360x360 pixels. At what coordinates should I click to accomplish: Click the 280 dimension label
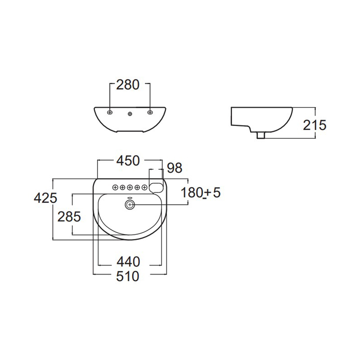[x=128, y=85]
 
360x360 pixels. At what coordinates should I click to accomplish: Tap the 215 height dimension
[x=315, y=126]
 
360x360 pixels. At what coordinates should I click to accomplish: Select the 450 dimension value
[x=128, y=161]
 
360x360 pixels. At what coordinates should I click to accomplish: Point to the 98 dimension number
[x=175, y=168]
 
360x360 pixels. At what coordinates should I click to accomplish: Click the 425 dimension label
[x=45, y=198]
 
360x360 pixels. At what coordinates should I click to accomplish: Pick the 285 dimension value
[x=69, y=216]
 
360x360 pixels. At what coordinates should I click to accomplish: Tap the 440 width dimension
[x=128, y=262]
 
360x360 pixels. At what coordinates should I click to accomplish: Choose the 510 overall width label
[x=128, y=276]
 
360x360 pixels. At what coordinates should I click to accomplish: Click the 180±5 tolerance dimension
[x=201, y=193]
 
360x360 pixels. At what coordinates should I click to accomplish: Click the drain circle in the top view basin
[x=130, y=205]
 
